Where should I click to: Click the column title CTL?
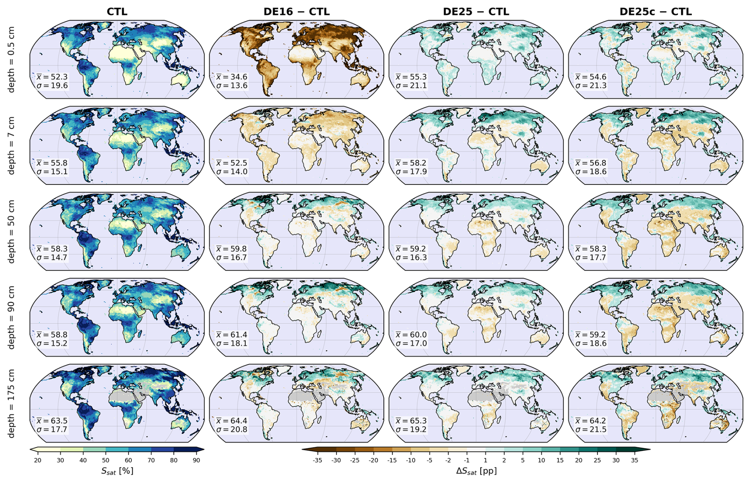coord(117,12)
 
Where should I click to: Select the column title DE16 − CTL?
coord(297,12)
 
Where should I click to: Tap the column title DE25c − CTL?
coord(656,12)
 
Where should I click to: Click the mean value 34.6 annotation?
coord(231,77)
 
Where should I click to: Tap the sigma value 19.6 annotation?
coord(52,86)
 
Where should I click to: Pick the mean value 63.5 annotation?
coord(52,421)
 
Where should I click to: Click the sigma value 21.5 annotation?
coord(591,429)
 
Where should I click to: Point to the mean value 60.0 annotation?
coord(411,335)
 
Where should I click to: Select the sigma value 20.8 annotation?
coord(231,429)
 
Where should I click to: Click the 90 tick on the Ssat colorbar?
coord(196,460)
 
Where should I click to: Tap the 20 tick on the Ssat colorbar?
coord(38,460)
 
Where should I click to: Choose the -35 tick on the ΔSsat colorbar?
coord(317,460)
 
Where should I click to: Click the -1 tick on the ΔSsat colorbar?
coord(466,460)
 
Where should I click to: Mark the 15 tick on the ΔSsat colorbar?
coord(560,460)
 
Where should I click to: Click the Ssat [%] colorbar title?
coord(117,471)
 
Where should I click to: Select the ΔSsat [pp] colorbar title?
coord(476,471)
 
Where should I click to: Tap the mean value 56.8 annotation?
coord(591,163)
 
